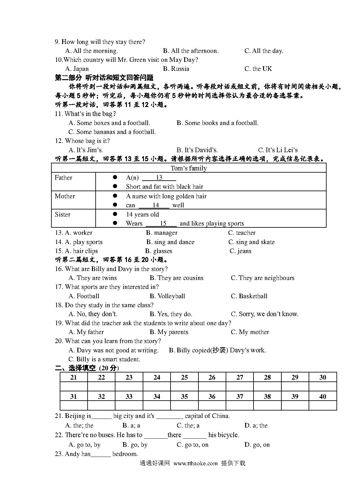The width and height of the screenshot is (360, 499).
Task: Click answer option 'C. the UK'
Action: tap(258, 69)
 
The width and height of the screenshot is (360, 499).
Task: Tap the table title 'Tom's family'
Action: tap(189, 168)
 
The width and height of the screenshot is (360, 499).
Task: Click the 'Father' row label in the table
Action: tap(63, 178)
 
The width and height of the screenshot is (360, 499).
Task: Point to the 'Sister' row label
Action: tap(63, 214)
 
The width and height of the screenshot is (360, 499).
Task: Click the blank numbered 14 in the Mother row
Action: tap(155, 205)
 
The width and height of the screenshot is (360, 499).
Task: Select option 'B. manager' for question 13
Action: tap(162, 233)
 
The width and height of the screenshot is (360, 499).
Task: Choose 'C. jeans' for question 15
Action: tap(240, 251)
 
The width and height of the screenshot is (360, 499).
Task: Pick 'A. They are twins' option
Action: tap(93, 278)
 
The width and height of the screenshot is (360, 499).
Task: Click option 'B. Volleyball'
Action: tap(167, 296)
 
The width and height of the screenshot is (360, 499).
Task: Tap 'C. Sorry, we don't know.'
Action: tap(265, 314)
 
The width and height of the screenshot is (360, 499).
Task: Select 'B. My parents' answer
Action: tap(169, 332)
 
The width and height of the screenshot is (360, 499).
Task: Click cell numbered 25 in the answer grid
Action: tap(184, 377)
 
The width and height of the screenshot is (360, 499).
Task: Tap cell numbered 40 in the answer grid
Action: tap(323, 396)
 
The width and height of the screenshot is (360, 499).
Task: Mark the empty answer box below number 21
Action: tap(74, 386)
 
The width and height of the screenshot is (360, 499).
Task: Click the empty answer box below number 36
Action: tap(212, 405)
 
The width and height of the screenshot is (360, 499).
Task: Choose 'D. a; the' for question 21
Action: tap(256, 425)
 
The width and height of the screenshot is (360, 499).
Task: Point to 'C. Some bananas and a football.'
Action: tap(112, 132)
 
